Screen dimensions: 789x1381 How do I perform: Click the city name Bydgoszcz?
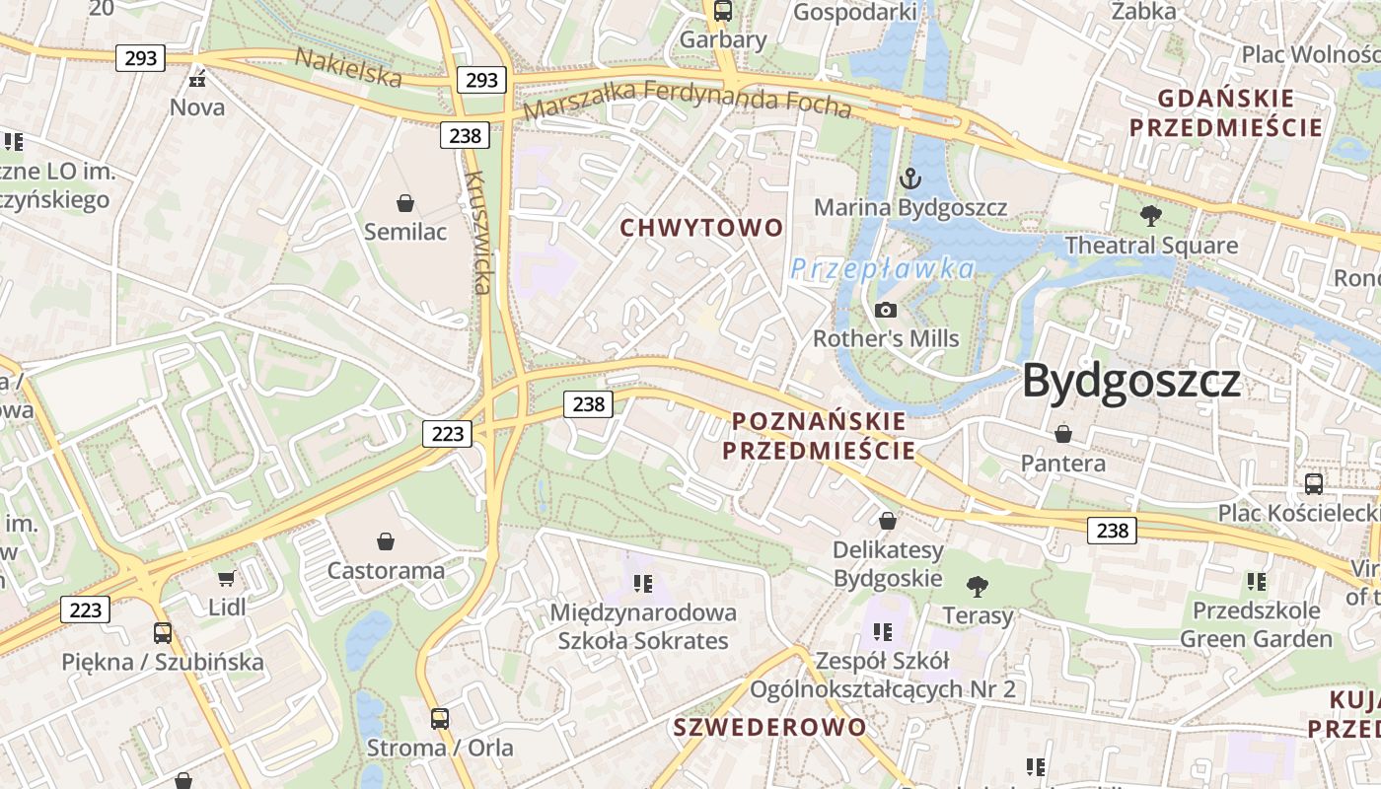click(x=1130, y=381)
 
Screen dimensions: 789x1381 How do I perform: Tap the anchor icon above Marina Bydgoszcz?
click(x=909, y=179)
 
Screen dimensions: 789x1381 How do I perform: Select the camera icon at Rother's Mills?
click(x=886, y=310)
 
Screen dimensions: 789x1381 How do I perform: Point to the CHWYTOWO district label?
click(x=701, y=228)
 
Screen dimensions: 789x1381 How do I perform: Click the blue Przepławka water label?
click(x=882, y=269)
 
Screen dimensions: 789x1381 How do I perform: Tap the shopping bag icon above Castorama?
click(x=386, y=541)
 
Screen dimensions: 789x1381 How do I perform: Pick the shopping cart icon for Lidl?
click(x=227, y=578)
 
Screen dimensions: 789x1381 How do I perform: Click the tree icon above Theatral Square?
click(x=1150, y=216)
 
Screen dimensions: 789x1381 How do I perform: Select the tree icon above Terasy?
click(x=978, y=587)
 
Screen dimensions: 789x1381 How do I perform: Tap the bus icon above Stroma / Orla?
click(x=440, y=719)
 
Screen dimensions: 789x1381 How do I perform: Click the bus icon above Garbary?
click(x=723, y=11)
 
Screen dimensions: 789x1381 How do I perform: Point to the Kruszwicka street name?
click(x=478, y=233)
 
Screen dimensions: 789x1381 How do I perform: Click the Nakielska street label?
click(x=348, y=67)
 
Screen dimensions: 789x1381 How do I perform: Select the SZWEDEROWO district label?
click(x=769, y=728)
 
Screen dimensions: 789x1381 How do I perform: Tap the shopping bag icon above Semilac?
click(x=404, y=203)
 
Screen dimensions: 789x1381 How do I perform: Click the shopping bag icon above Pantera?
click(x=1063, y=434)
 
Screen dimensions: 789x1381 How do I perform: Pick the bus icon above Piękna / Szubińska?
click(x=163, y=633)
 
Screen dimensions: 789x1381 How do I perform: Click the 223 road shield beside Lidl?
click(x=86, y=610)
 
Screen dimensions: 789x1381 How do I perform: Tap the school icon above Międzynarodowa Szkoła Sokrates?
click(x=643, y=584)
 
